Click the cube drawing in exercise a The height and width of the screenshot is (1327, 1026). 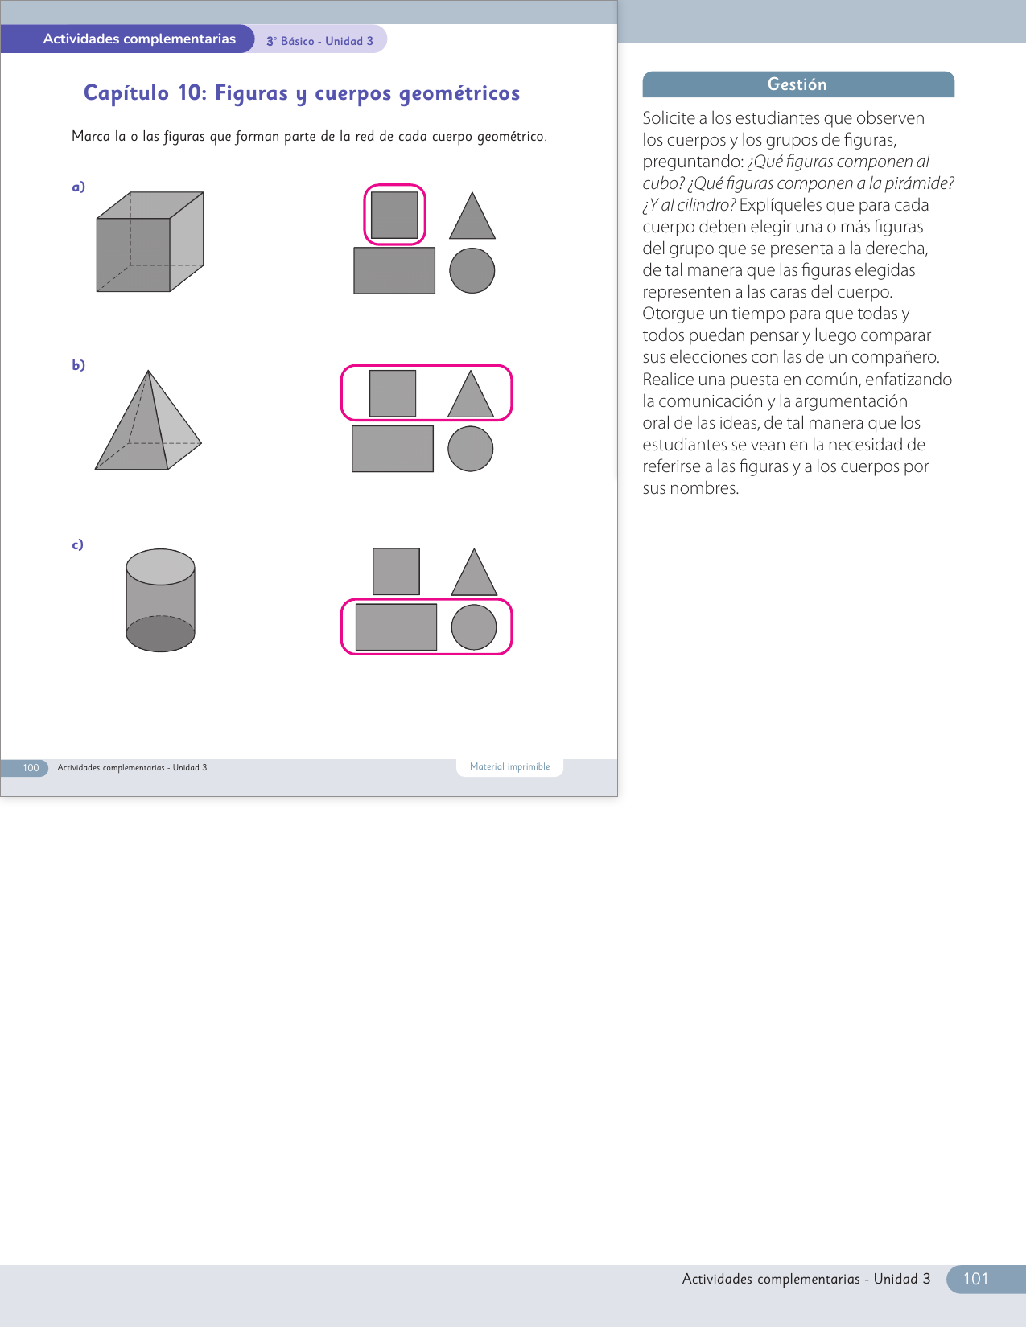pyautogui.click(x=150, y=242)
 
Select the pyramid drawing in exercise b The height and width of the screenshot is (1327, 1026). pyautogui.click(x=148, y=421)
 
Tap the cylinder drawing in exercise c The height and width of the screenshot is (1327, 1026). pyautogui.click(x=160, y=600)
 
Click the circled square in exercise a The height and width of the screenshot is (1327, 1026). pyautogui.click(x=394, y=215)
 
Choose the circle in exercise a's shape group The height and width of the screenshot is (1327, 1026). pyautogui.click(x=472, y=270)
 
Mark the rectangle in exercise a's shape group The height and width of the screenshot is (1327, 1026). pyautogui.click(x=394, y=270)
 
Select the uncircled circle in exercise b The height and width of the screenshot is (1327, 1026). pyautogui.click(x=470, y=449)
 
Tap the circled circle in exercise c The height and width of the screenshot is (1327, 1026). pyautogui.click(x=474, y=627)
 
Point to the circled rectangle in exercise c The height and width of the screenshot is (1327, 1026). pyautogui.click(x=396, y=627)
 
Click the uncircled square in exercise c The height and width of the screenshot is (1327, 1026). pyautogui.click(x=396, y=572)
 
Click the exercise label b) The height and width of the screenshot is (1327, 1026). pyautogui.click(x=78, y=365)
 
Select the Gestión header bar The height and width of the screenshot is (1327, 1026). pyautogui.click(x=798, y=84)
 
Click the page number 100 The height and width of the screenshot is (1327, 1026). pyautogui.click(x=31, y=767)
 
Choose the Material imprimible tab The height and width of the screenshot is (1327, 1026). pyautogui.click(x=509, y=766)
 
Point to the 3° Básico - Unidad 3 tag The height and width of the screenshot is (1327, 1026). pyautogui.click(x=319, y=41)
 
